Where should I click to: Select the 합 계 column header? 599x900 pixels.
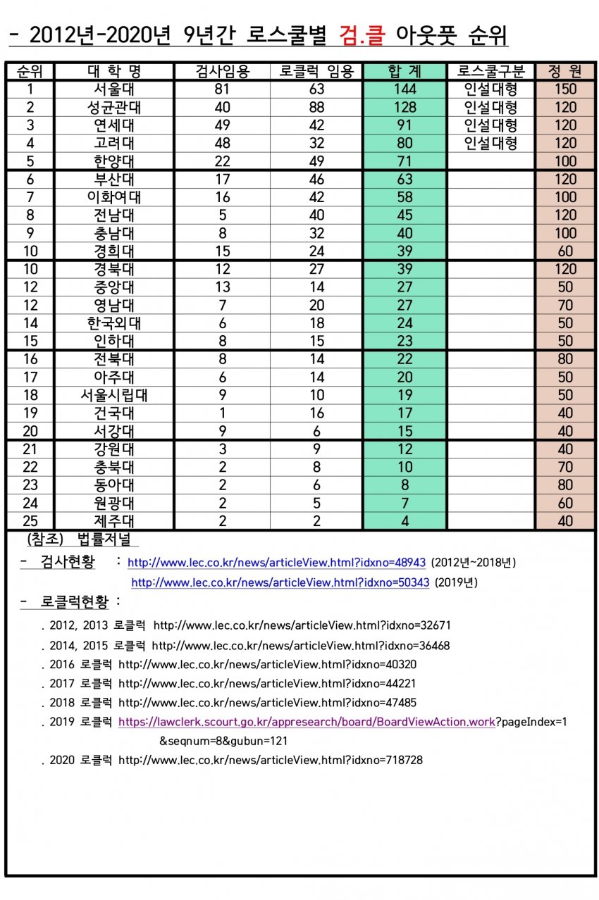click(405, 71)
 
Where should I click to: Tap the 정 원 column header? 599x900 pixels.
click(565, 71)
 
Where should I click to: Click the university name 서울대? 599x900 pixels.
click(114, 89)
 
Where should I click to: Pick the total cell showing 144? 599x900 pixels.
click(405, 89)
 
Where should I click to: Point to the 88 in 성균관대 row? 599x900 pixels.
click(316, 108)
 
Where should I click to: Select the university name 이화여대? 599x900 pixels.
click(114, 197)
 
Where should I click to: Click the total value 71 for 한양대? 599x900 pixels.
click(405, 161)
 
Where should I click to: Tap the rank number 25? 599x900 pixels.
click(30, 521)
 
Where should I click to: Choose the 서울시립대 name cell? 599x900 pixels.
click(114, 395)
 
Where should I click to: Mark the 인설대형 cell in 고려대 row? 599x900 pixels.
click(491, 144)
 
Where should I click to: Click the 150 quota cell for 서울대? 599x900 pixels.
click(565, 89)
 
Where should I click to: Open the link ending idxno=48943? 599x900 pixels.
click(276, 563)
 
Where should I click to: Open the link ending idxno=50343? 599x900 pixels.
click(280, 582)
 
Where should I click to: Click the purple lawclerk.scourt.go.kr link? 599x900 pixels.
click(307, 722)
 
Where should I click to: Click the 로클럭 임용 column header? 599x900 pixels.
click(316, 71)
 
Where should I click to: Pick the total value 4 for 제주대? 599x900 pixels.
click(405, 521)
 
